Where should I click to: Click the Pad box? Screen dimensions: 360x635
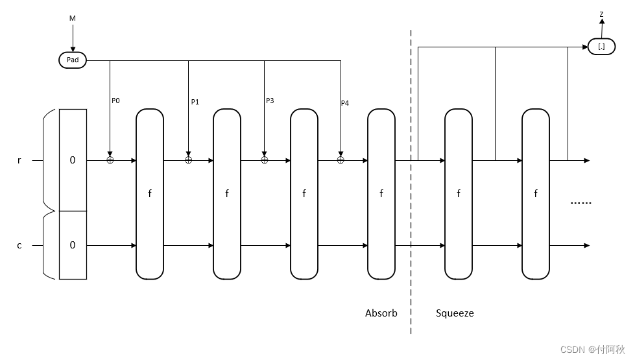tap(72, 60)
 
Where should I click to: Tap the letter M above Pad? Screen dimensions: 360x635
tap(73, 18)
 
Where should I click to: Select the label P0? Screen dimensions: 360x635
tap(115, 101)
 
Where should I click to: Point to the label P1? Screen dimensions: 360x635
tap(195, 102)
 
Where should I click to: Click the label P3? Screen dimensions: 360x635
tap(270, 101)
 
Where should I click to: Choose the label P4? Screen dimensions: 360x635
tap(344, 103)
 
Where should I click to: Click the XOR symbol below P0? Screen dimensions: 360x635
tap(110, 160)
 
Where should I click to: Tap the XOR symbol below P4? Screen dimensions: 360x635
tap(341, 160)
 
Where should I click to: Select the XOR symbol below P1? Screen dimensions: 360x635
tap(189, 160)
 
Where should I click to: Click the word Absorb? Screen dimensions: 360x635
tap(381, 313)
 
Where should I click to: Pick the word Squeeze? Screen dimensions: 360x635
tap(455, 313)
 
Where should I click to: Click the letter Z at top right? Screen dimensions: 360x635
tap(601, 14)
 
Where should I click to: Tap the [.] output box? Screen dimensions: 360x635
tap(601, 47)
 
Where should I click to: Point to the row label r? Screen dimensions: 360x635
tap(19, 160)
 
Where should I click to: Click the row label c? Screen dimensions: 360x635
tap(19, 245)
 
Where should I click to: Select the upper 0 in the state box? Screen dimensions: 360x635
tap(73, 160)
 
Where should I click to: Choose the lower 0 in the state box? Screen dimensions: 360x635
tap(73, 245)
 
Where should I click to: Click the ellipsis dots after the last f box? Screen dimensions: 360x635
tap(581, 203)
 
